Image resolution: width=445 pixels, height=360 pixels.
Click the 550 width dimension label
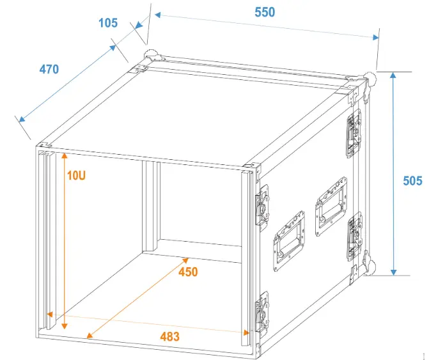pos(265,12)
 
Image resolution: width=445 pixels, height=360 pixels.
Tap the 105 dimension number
pos(108,23)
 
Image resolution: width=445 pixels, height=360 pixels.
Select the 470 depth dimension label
pos(49,70)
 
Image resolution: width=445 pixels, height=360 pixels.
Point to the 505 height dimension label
pos(412,181)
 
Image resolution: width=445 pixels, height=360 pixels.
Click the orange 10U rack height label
pos(76,176)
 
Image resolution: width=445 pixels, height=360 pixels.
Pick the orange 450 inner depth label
pos(188,272)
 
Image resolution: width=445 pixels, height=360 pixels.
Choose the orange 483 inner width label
pos(169,337)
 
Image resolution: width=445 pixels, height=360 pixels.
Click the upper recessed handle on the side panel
pos(331,207)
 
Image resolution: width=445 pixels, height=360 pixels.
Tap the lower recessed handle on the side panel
pos(289,241)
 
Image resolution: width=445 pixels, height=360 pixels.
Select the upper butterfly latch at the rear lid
pos(353,134)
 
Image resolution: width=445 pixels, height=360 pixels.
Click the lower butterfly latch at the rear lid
pos(354,236)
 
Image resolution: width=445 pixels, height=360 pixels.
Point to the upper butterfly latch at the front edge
pos(262,205)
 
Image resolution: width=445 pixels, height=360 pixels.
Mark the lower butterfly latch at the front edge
pos(262,312)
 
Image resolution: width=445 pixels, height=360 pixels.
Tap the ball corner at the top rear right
pos(370,79)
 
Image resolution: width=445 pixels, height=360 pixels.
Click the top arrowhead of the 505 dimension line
pos(393,75)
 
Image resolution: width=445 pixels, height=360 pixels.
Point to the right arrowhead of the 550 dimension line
pos(376,38)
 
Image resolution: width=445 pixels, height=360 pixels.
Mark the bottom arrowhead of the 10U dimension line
pos(65,325)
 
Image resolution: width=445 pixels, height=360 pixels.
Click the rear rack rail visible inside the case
pos(152,207)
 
